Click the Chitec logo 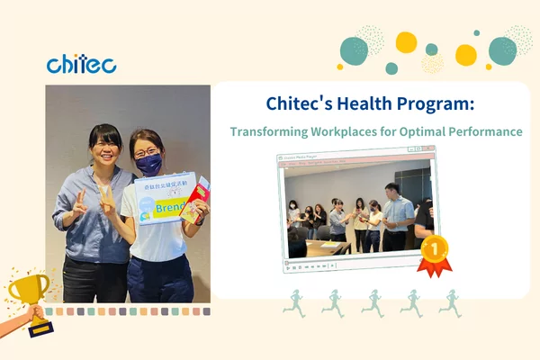tap(81, 64)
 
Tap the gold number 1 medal tap(434, 247)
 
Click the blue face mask tap(149, 164)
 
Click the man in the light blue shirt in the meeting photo tap(395, 214)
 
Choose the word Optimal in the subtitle tap(411, 131)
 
